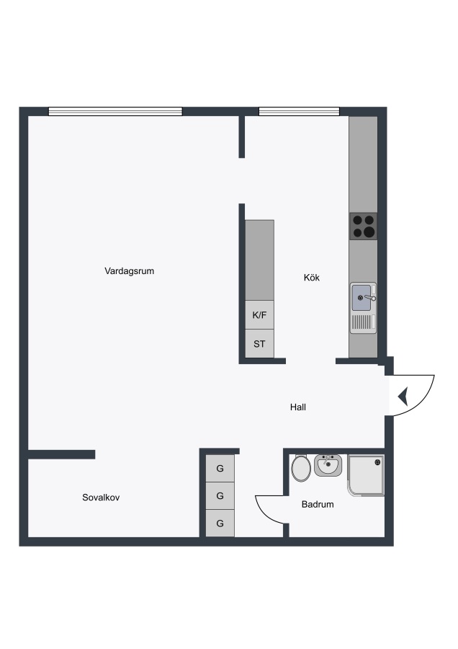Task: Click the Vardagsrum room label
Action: (129, 271)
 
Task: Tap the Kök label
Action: (312, 278)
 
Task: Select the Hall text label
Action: (298, 407)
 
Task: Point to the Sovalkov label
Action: (101, 498)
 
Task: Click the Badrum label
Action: (318, 504)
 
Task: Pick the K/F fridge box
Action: (259, 315)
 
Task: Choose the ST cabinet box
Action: (259, 343)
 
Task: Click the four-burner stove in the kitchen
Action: (364, 226)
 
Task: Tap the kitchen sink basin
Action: (362, 298)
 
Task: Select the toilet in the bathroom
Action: (301, 468)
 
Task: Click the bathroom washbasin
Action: (328, 465)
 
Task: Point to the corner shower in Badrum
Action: (367, 475)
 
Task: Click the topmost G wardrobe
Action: (220, 468)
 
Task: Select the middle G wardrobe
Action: (220, 495)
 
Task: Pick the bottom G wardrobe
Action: (220, 524)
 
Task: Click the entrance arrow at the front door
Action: (403, 396)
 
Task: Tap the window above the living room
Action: (115, 111)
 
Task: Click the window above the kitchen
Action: (300, 111)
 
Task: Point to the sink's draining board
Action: (364, 323)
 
